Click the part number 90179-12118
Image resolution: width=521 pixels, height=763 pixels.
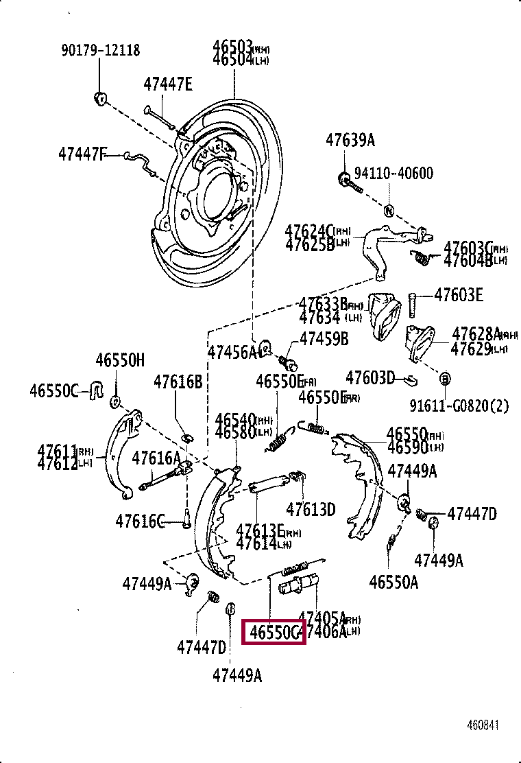[x=100, y=50]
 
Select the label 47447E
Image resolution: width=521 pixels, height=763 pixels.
[x=168, y=84]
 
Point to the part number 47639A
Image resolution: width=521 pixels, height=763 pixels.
[x=350, y=141]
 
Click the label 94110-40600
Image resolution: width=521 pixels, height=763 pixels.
[x=393, y=173]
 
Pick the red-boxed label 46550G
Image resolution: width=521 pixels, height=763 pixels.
[x=274, y=632]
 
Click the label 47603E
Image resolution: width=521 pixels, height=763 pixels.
[x=459, y=295]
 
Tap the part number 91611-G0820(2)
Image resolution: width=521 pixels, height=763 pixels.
[x=459, y=406]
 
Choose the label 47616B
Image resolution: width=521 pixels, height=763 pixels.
[x=178, y=381]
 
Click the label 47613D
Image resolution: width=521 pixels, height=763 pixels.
[x=311, y=509]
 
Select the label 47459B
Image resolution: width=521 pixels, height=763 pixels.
[x=324, y=339]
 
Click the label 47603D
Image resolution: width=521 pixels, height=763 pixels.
[x=370, y=377]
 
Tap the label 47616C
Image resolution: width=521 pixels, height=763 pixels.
[x=140, y=523]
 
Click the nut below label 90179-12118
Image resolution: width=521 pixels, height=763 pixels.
[x=99, y=97]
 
